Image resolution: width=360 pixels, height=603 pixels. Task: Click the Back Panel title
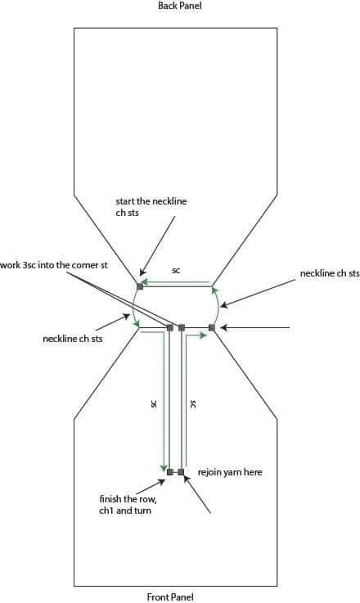click(x=180, y=6)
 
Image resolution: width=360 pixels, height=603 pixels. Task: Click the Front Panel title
click(x=170, y=596)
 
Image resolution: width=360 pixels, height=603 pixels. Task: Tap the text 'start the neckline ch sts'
click(x=151, y=207)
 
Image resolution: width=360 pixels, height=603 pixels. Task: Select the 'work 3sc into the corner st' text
click(x=54, y=265)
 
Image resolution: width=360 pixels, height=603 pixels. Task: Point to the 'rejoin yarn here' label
click(x=230, y=472)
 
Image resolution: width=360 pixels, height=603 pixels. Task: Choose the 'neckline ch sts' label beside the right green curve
click(x=330, y=273)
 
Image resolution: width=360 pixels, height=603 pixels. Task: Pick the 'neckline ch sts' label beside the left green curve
click(x=73, y=340)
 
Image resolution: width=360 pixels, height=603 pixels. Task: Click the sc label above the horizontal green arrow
click(x=176, y=270)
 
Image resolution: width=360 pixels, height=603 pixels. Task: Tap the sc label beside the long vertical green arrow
click(x=154, y=403)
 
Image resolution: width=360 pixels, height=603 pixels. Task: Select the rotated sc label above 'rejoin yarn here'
click(x=193, y=404)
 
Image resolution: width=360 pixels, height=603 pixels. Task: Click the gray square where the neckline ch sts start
click(x=140, y=286)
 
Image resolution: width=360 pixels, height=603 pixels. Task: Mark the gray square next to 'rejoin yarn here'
click(x=181, y=472)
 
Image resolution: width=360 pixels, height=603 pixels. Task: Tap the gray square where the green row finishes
click(x=170, y=472)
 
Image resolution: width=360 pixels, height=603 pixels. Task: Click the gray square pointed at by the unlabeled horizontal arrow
click(x=212, y=327)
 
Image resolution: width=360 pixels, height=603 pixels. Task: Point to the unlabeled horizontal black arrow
click(x=255, y=327)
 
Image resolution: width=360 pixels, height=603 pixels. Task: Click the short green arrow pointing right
click(x=196, y=335)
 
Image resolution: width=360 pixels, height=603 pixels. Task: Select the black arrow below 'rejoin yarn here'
click(x=197, y=494)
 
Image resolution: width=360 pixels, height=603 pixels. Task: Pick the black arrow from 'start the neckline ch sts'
click(x=157, y=245)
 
